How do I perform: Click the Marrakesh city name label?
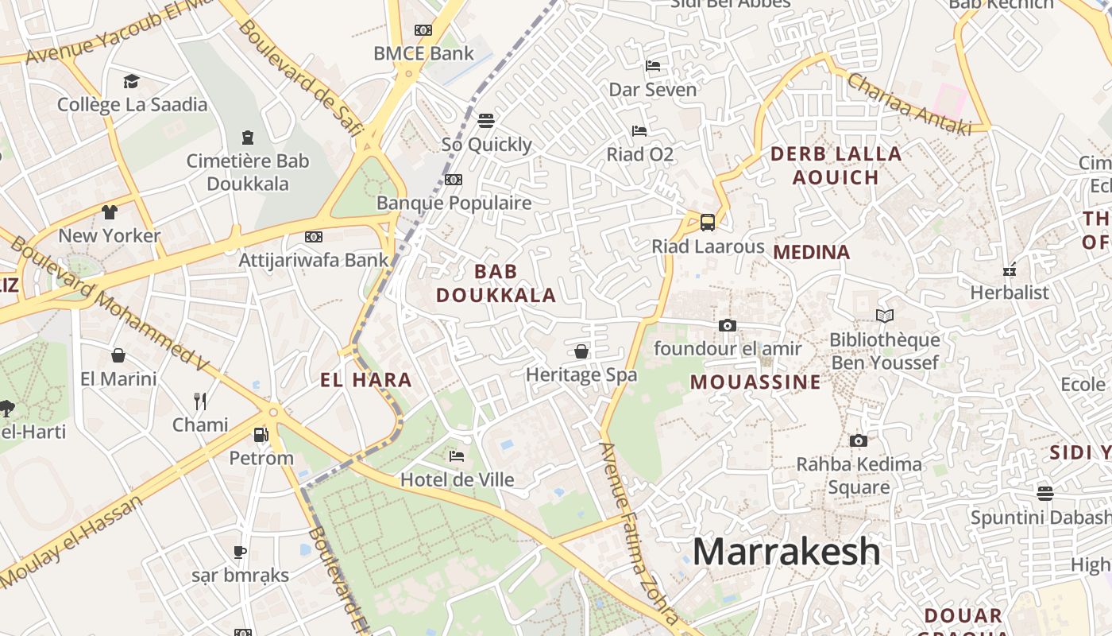[786, 552]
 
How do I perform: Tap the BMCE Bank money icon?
[423, 30]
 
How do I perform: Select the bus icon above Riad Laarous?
[707, 223]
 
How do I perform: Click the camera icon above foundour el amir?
[727, 325]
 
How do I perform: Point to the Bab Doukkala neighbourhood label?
[496, 284]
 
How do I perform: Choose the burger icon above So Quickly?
[486, 121]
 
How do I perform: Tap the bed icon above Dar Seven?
[653, 66]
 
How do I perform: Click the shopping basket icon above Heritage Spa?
[581, 351]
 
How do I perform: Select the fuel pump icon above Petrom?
[261, 435]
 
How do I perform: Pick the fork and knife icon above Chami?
[200, 401]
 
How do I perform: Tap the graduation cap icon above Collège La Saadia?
[131, 81]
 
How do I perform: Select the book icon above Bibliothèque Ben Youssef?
[884, 316]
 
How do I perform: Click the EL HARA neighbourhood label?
[366, 380]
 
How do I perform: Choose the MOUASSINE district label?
[755, 382]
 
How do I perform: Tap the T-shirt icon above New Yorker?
[109, 212]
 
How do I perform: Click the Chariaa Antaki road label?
[908, 103]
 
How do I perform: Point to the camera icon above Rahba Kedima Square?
[858, 440]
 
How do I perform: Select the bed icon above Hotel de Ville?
[457, 456]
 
